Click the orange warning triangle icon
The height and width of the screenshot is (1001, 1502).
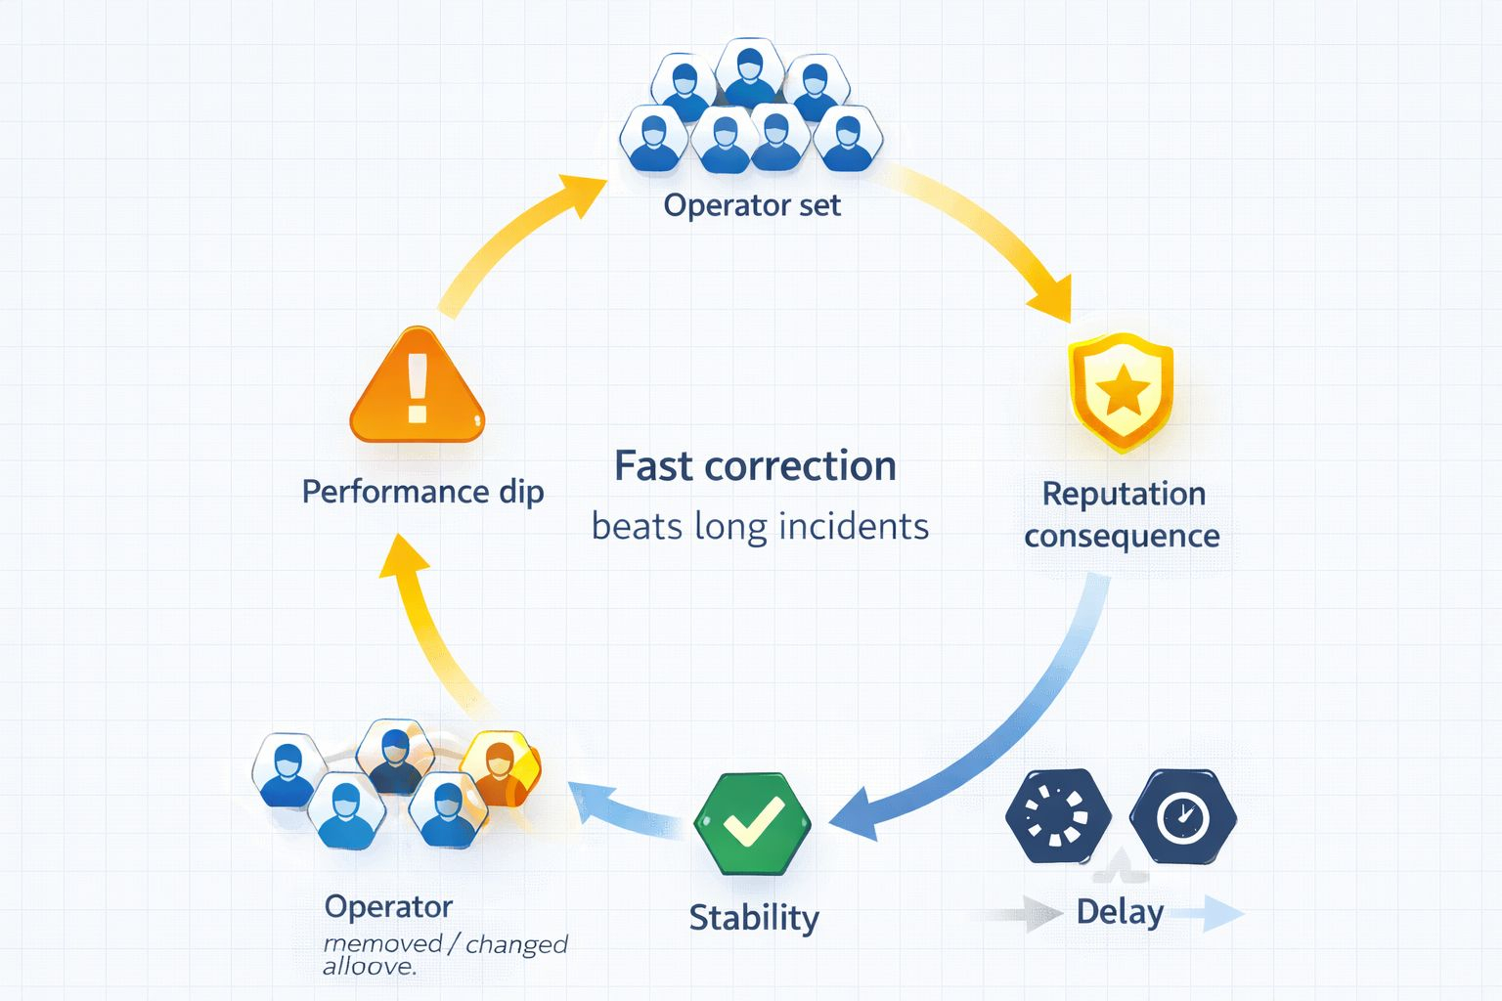[x=418, y=390]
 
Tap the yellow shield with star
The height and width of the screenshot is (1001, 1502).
[x=1121, y=391]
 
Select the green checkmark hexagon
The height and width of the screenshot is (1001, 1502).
[x=752, y=823]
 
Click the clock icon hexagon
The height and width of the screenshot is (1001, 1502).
[x=1182, y=815]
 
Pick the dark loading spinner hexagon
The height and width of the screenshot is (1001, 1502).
[x=1058, y=815]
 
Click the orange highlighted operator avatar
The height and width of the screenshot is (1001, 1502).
[x=501, y=767]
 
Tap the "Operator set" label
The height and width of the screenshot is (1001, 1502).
[x=751, y=205]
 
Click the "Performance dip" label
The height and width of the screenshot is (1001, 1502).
[x=422, y=491]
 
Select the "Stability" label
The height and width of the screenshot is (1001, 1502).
[x=754, y=918]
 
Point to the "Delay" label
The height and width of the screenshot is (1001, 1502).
[x=1120, y=912]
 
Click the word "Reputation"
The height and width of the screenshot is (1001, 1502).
[x=1124, y=494]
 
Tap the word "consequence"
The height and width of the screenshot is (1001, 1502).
[x=1122, y=536]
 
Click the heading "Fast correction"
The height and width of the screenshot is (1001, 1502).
[x=755, y=466]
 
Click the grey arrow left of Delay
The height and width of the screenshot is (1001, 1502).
[x=1027, y=915]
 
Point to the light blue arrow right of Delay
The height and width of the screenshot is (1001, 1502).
[x=1209, y=914]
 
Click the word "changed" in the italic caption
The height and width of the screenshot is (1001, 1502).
[x=516, y=944]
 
